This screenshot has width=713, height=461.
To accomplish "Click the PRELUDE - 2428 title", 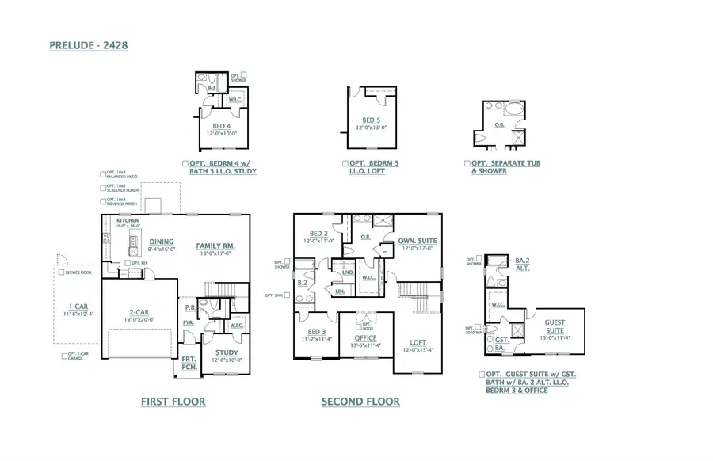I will tap(88, 46).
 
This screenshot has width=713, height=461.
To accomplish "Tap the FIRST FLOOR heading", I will tap(173, 402).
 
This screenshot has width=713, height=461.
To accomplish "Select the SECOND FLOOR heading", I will tap(360, 402).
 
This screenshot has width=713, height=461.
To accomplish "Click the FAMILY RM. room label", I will tap(215, 246).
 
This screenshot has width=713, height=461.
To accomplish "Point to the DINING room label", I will tap(162, 242).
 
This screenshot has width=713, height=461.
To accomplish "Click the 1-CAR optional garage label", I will tap(77, 306).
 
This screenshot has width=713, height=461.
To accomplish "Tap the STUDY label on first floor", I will tap(226, 352).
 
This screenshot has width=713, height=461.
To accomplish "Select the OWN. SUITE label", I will tap(417, 240).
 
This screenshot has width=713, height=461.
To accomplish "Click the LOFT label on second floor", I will tap(418, 342).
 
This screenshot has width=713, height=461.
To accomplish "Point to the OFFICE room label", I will tap(366, 337).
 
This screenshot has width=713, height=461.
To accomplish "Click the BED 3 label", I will tap(317, 331).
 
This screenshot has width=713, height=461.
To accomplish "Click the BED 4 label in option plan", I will tap(222, 126).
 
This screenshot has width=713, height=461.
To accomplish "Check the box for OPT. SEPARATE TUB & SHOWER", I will tap(467, 163).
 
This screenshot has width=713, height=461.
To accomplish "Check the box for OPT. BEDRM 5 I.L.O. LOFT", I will tap(345, 163).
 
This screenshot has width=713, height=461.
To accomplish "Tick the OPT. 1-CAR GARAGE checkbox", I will tap(64, 356).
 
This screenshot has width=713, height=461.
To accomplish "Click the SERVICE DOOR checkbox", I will tap(60, 272).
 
